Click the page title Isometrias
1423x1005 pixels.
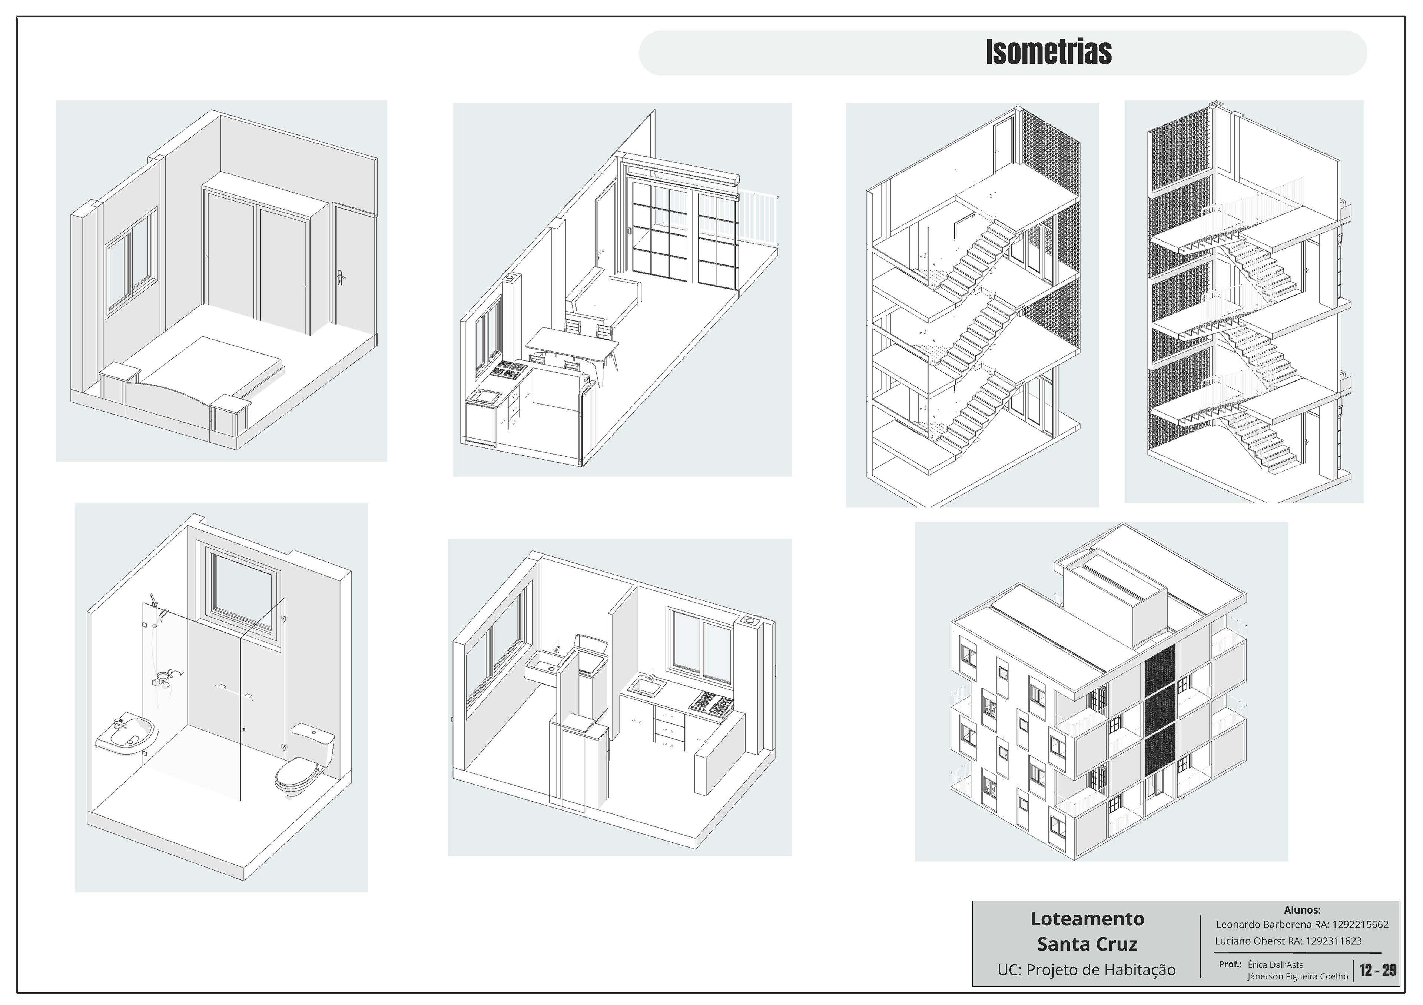[x=1049, y=53]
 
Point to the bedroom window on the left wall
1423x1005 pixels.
[x=132, y=260]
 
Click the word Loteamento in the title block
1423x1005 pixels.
[x=1087, y=918]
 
